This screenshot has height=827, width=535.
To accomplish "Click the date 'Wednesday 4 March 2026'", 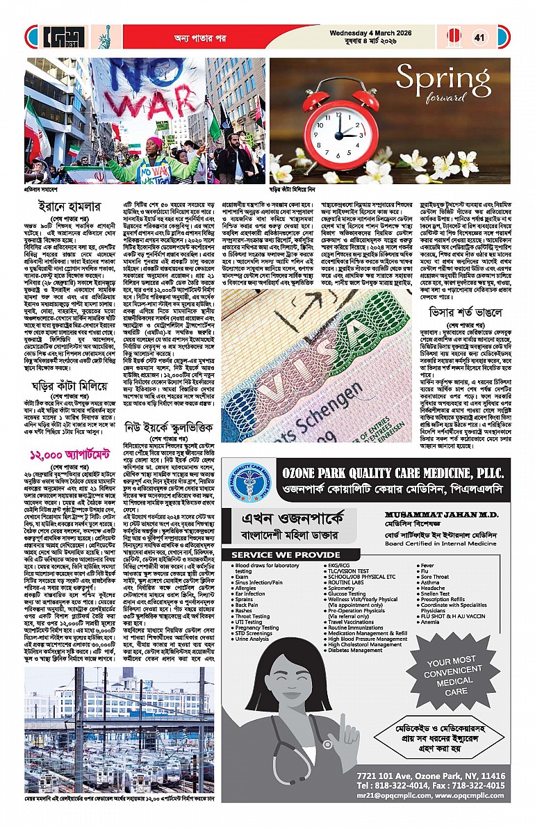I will [395, 31].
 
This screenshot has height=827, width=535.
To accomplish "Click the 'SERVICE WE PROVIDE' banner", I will [286, 555].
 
